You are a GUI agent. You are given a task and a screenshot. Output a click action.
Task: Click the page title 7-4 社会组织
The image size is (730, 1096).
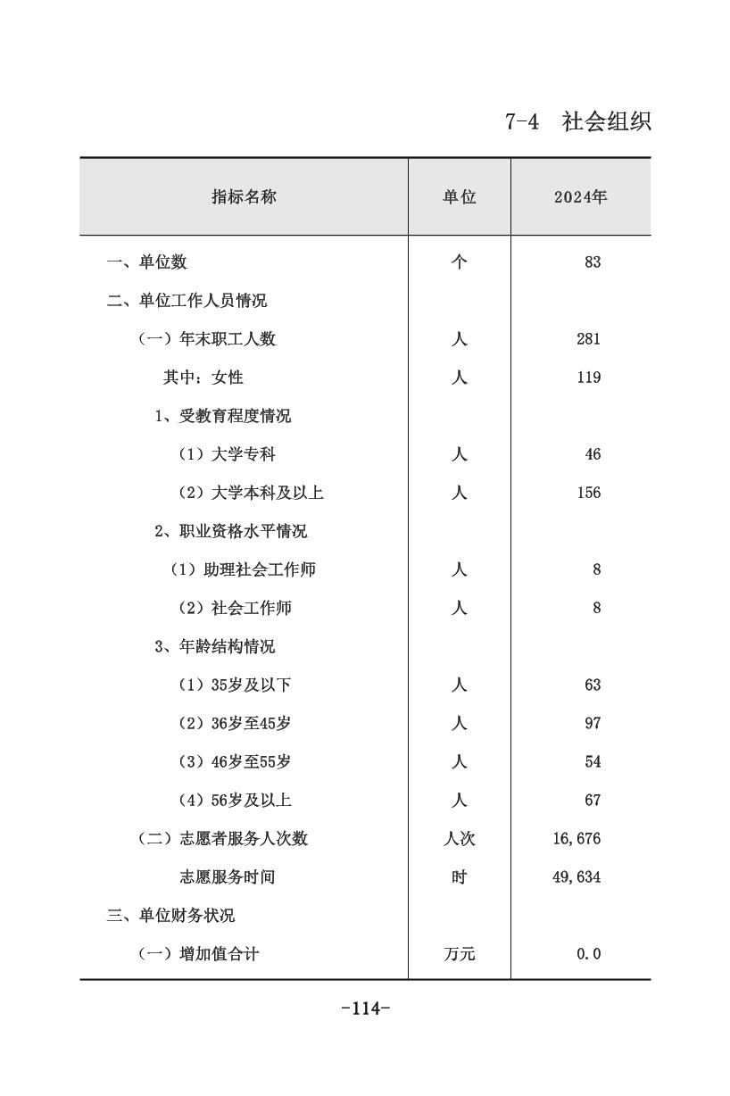[578, 121]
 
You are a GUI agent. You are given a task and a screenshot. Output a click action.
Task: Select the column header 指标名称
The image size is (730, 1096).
[244, 197]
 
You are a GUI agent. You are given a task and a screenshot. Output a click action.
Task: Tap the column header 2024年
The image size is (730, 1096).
[580, 197]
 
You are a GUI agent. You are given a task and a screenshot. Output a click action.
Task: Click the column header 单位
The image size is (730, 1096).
[460, 197]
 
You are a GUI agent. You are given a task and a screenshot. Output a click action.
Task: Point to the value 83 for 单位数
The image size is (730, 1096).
[593, 262]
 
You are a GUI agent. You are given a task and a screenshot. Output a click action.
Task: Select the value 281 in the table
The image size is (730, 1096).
[589, 339]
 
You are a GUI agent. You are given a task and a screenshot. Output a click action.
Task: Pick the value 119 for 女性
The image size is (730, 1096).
[589, 378]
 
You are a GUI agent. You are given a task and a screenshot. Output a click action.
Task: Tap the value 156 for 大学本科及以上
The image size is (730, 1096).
[589, 493]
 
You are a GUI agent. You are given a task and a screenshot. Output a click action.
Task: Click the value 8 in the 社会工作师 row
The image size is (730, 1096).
[596, 608]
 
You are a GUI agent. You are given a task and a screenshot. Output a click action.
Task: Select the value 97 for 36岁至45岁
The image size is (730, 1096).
[593, 723]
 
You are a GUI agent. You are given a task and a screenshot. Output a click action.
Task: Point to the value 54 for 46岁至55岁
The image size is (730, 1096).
[593, 761]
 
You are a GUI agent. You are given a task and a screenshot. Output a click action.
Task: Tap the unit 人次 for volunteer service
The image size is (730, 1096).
[460, 838]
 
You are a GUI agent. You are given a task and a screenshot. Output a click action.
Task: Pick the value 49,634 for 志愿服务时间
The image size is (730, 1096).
[577, 876]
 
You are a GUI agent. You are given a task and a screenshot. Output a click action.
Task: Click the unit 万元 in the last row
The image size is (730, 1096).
[460, 953]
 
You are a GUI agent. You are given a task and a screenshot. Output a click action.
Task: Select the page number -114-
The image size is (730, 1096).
[366, 1009]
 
